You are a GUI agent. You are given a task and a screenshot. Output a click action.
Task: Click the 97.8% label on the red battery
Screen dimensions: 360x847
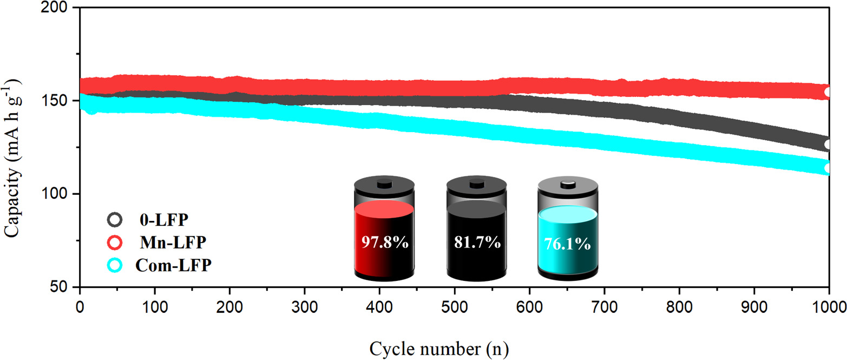[x=384, y=242]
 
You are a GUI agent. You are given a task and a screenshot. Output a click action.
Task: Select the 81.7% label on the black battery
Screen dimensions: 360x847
[x=477, y=242]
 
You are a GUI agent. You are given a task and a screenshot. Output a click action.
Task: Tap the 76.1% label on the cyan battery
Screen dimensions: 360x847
[x=568, y=244]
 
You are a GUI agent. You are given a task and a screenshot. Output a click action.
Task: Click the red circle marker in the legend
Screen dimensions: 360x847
[x=114, y=243]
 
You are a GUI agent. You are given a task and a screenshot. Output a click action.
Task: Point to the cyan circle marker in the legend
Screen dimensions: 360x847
[x=114, y=265]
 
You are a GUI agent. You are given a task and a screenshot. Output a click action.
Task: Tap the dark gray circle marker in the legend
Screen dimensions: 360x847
[x=114, y=220]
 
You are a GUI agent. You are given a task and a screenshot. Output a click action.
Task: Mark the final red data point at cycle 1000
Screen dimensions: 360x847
[x=829, y=92]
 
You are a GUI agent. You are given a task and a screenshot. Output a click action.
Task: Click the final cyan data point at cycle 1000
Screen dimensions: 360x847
[x=829, y=168]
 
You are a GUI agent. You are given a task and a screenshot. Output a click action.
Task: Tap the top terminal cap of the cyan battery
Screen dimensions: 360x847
[x=568, y=184]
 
